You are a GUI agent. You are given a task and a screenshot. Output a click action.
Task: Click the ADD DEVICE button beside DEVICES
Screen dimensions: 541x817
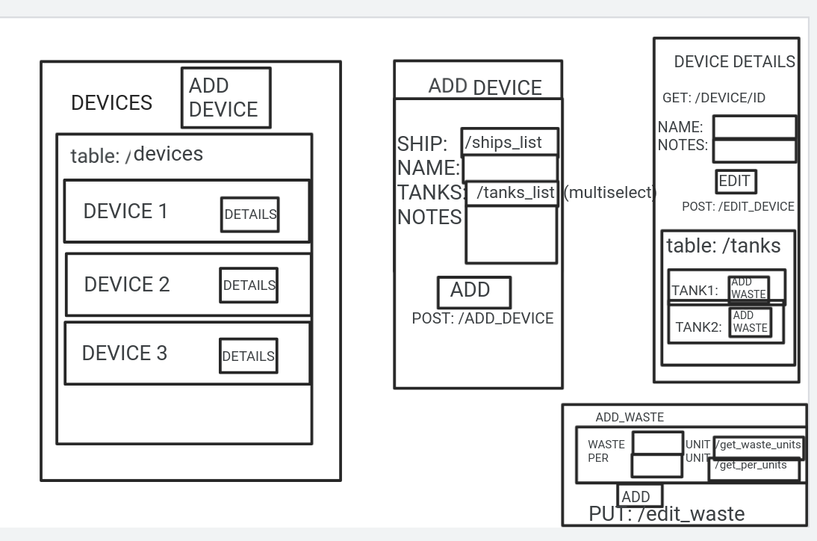click(226, 98)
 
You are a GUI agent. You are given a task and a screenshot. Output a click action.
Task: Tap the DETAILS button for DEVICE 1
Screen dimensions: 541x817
click(249, 214)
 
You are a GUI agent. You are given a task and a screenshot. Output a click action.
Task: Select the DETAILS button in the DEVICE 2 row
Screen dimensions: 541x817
click(249, 285)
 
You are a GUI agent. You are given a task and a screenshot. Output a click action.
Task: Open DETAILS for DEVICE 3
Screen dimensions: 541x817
click(248, 356)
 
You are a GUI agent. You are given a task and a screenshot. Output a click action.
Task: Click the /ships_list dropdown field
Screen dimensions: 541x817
click(509, 142)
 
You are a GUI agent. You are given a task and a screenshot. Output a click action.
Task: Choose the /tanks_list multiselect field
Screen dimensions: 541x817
click(512, 194)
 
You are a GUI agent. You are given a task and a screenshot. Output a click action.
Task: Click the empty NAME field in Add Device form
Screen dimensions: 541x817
click(510, 167)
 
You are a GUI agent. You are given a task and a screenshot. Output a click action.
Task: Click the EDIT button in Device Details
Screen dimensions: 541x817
click(736, 182)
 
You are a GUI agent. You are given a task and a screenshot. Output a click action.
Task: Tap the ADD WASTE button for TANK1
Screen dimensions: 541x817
click(748, 288)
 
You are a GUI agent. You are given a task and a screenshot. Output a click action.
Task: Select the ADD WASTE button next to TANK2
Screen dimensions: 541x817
click(750, 322)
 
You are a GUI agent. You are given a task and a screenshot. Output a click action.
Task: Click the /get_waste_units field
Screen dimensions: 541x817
click(758, 445)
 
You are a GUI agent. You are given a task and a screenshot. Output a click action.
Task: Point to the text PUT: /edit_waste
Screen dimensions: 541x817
click(666, 514)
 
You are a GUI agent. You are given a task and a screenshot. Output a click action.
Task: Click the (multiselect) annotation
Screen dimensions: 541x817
click(609, 193)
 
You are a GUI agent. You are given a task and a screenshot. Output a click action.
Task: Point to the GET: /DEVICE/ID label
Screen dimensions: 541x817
click(713, 98)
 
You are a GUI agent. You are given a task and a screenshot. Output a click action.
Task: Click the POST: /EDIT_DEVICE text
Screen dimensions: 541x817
click(738, 207)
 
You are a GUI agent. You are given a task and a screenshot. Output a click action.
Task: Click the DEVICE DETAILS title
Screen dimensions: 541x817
click(734, 62)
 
